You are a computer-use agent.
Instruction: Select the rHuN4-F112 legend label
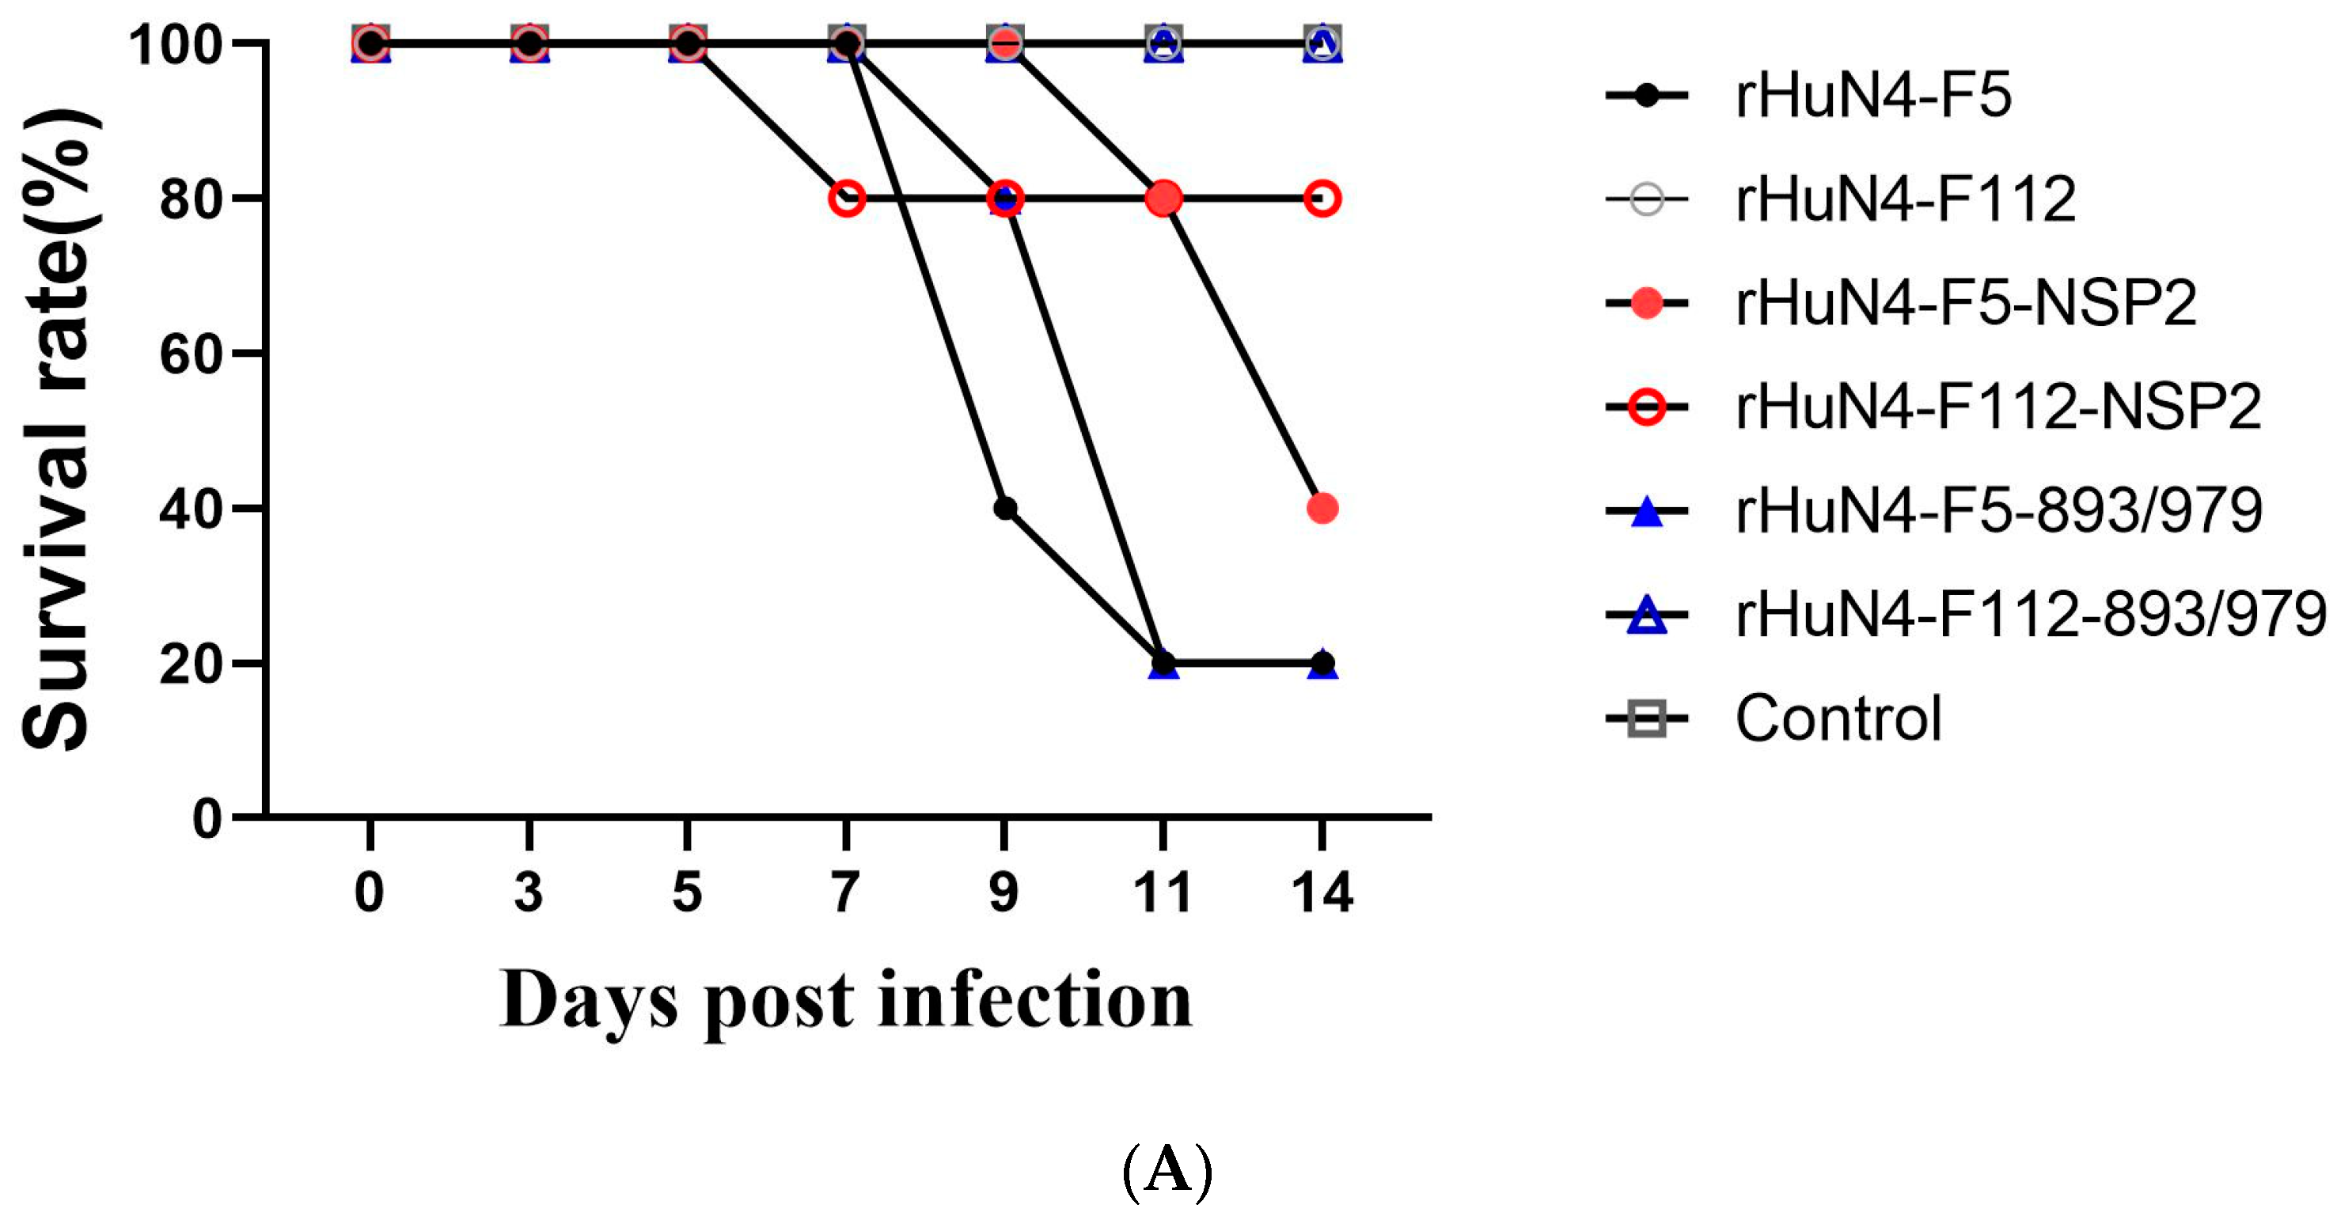pos(1905,199)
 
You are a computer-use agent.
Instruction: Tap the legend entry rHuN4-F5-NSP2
pos(1965,303)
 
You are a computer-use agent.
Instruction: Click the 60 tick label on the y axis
pos(191,354)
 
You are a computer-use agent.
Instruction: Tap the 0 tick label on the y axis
pos(207,819)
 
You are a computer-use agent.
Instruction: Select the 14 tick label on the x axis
pos(1322,892)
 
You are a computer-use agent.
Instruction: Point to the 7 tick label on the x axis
pos(845,892)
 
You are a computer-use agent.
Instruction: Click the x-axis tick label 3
pos(529,892)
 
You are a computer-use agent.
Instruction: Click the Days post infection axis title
pos(845,1001)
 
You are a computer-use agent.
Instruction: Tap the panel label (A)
pos(1167,1171)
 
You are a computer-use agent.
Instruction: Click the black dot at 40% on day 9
pos(1005,509)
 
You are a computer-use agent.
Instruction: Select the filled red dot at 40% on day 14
pos(1322,509)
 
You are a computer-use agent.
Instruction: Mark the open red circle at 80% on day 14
pos(1322,198)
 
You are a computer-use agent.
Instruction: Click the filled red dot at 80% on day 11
pos(1164,198)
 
